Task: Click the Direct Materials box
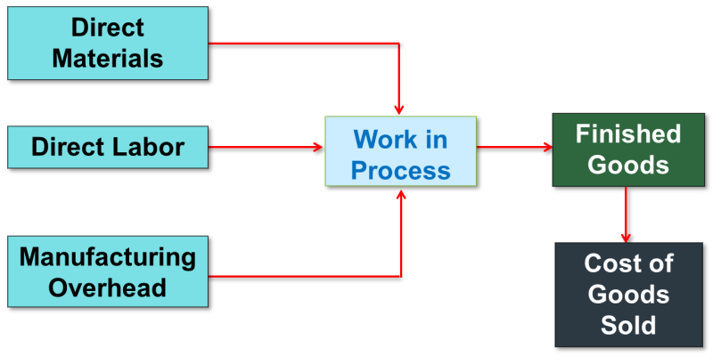point(108,43)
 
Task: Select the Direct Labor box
point(108,147)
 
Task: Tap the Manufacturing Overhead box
point(108,271)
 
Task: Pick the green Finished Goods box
point(627,150)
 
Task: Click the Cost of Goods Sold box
point(627,294)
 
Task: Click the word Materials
point(108,59)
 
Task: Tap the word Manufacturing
point(108,257)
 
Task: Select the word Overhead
point(108,287)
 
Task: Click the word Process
point(400,169)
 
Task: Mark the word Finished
point(627,134)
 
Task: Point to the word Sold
point(627,324)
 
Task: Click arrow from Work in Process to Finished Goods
point(514,147)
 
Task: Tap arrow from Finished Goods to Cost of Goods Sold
point(627,214)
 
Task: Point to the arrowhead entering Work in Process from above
point(400,109)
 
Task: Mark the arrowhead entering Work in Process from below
point(400,193)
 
